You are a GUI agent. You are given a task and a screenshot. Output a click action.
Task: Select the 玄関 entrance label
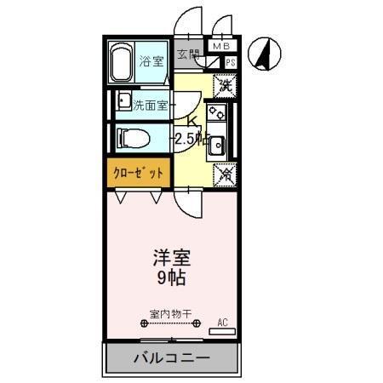[x=188, y=54]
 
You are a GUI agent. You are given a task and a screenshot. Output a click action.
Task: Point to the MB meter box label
[x=220, y=47]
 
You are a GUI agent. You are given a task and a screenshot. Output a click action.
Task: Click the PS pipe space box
[x=230, y=62]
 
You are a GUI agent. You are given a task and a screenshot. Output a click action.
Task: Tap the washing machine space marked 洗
[x=224, y=85]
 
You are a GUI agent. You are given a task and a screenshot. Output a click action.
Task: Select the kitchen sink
[x=217, y=145]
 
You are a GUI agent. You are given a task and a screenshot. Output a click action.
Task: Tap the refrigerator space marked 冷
[x=224, y=174]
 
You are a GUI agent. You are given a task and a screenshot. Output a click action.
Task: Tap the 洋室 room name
[x=169, y=257]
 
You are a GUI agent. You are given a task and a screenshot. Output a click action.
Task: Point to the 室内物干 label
[x=170, y=313]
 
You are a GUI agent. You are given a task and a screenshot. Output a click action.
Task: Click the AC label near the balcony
[x=223, y=322]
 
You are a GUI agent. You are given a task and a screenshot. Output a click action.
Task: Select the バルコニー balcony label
[x=170, y=358]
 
